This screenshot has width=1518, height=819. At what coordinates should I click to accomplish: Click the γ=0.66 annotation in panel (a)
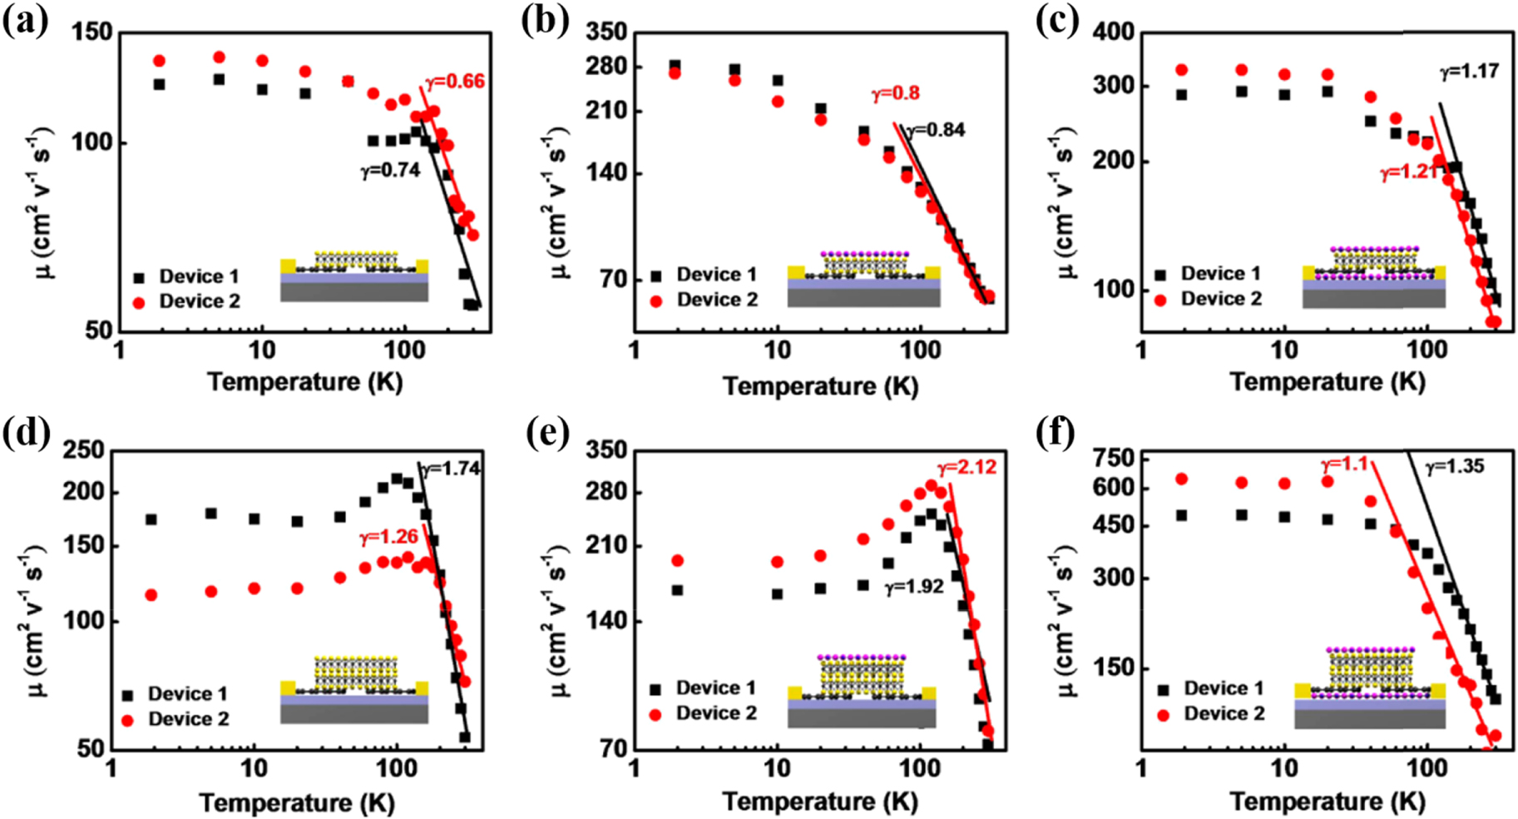tap(455, 82)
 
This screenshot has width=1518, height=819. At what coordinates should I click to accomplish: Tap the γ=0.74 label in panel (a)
tap(390, 171)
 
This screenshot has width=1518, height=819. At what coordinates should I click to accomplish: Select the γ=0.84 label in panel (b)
tap(935, 130)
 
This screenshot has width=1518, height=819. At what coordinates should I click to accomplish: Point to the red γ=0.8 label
tap(896, 93)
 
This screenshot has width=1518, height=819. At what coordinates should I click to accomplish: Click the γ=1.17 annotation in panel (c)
tap(1470, 72)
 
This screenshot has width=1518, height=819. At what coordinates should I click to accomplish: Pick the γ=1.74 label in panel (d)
tap(450, 469)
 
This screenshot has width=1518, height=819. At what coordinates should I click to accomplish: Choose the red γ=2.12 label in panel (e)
tap(967, 467)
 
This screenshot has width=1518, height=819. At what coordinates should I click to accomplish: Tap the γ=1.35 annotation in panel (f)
tap(1455, 467)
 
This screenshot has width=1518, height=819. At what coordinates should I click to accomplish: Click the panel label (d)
tap(26, 432)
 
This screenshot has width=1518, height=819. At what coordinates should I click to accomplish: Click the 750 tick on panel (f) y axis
tap(1115, 459)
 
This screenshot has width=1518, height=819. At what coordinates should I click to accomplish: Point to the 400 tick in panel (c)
tap(1114, 32)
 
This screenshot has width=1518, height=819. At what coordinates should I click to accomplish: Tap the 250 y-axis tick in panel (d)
tap(84, 450)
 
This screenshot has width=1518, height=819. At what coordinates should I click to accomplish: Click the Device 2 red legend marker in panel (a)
tap(139, 302)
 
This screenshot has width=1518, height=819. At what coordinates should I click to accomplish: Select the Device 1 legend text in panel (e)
tap(716, 687)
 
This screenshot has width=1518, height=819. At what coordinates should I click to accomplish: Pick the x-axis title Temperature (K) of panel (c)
tap(1327, 382)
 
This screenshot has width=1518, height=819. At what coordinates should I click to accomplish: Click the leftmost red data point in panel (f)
tap(1181, 479)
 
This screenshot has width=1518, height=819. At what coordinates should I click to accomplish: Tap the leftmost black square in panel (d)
tap(151, 519)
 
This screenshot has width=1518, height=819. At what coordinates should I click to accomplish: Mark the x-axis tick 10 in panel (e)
tap(777, 767)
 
